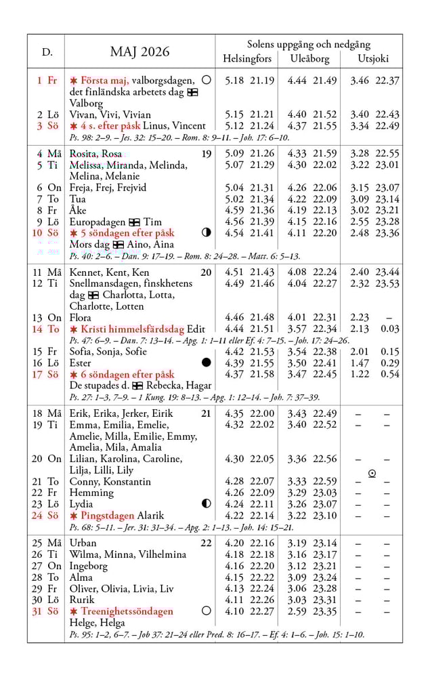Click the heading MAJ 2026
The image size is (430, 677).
[139, 52]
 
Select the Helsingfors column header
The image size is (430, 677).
[247, 58]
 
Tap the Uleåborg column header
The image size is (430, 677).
[309, 58]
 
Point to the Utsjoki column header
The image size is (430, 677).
[373, 58]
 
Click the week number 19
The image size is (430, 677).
[207, 154]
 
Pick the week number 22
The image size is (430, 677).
[206, 543]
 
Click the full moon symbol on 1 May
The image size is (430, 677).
[207, 80]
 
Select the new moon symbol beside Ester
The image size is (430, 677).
[207, 363]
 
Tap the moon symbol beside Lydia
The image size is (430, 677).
[207, 504]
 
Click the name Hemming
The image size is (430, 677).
[91, 493]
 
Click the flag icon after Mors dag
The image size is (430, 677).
[118, 245]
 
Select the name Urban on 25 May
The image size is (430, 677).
[83, 543]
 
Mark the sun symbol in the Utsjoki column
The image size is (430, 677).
[372, 474]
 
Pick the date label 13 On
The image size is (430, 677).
[49, 317]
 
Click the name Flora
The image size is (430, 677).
[81, 317]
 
